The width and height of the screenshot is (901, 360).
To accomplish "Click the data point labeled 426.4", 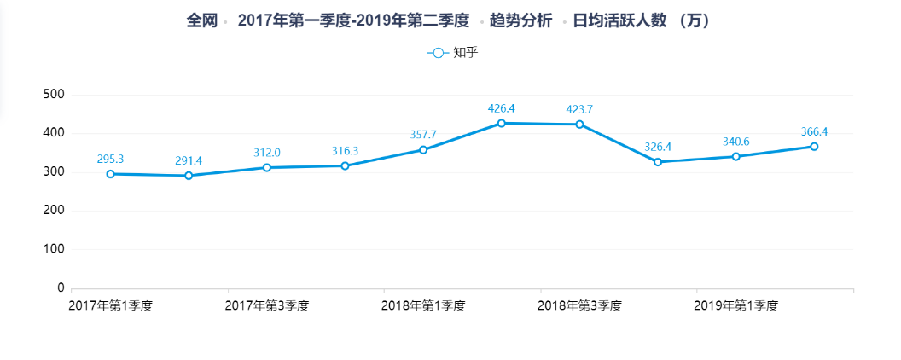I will pyautogui.click(x=502, y=124).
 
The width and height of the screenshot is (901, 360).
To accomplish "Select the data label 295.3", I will pyautogui.click(x=111, y=159).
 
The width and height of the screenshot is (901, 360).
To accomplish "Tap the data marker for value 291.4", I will pyautogui.click(x=189, y=176).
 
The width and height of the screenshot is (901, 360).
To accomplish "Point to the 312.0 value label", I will pyautogui.click(x=266, y=153).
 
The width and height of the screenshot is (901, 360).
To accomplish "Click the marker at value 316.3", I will pyautogui.click(x=345, y=165).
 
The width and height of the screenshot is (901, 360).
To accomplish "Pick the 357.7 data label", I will pyautogui.click(x=423, y=135).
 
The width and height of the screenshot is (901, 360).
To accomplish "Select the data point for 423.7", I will pyautogui.click(x=579, y=125).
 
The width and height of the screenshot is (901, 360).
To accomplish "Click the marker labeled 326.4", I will pyautogui.click(x=658, y=162).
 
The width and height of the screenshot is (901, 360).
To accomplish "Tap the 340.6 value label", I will pyautogui.click(x=735, y=142).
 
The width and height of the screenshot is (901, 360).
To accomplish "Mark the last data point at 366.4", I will pyautogui.click(x=814, y=147).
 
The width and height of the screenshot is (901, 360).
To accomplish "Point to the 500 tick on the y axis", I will pyautogui.click(x=53, y=95).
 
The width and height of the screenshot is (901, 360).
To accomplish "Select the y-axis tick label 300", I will pyautogui.click(x=53, y=172).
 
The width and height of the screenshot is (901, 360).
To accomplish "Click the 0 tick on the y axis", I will pyautogui.click(x=60, y=288).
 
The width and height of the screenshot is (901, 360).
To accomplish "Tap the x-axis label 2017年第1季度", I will pyautogui.click(x=111, y=305).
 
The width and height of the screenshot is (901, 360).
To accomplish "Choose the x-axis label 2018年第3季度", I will pyautogui.click(x=579, y=305).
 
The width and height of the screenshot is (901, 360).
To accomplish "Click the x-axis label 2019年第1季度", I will pyautogui.click(x=735, y=305).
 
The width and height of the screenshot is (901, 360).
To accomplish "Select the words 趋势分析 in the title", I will pyautogui.click(x=520, y=20).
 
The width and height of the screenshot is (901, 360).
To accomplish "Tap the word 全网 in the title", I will pyautogui.click(x=201, y=20).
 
